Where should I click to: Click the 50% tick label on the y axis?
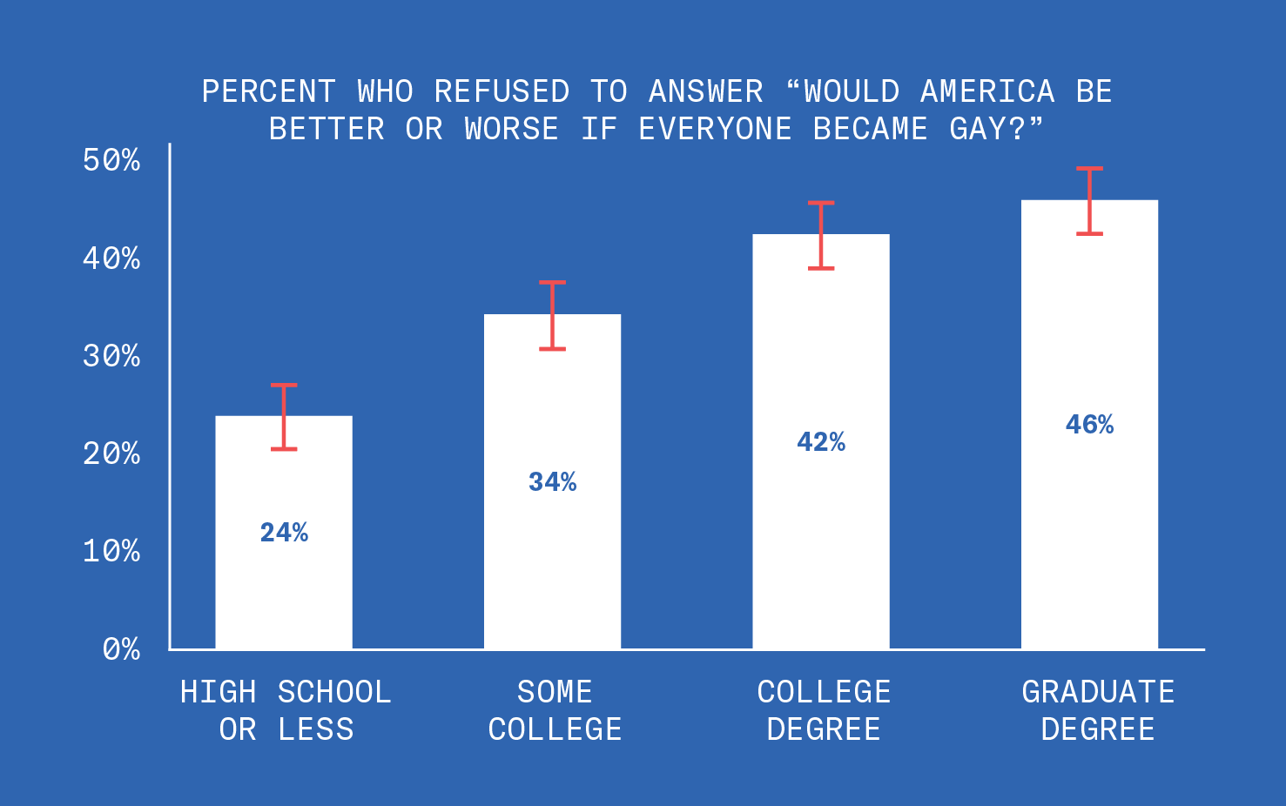111,160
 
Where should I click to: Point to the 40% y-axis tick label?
111,259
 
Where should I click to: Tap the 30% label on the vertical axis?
111,356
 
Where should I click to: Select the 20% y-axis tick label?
111,453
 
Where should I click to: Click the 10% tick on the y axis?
111,551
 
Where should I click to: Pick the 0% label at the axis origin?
121,649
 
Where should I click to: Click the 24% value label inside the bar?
284,533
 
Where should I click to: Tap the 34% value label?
552,482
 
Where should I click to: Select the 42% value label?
821,442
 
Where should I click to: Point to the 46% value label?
1089,425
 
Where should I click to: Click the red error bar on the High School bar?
284,417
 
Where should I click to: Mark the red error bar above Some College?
552,315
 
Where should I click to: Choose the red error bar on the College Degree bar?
821,236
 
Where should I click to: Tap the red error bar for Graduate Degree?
1089,201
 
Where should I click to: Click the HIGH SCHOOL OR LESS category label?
286,711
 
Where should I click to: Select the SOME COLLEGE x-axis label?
555,711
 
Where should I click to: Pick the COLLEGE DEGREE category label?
824,711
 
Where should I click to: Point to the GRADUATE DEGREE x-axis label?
1098,711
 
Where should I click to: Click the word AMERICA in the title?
986,91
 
